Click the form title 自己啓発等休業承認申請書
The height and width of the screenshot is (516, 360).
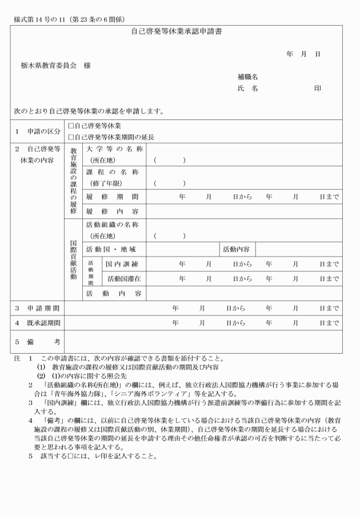[176, 32]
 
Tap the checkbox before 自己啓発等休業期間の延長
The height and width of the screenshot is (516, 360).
[71, 137]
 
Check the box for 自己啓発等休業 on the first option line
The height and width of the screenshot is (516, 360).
[71, 126]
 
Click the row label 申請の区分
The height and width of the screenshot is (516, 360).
[37, 131]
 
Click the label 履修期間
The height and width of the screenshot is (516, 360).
[112, 197]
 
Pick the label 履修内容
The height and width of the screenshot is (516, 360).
[112, 211]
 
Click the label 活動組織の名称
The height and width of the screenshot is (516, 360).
[112, 225]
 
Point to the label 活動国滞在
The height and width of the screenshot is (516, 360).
[124, 279]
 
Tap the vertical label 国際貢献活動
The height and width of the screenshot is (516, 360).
[73, 260]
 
